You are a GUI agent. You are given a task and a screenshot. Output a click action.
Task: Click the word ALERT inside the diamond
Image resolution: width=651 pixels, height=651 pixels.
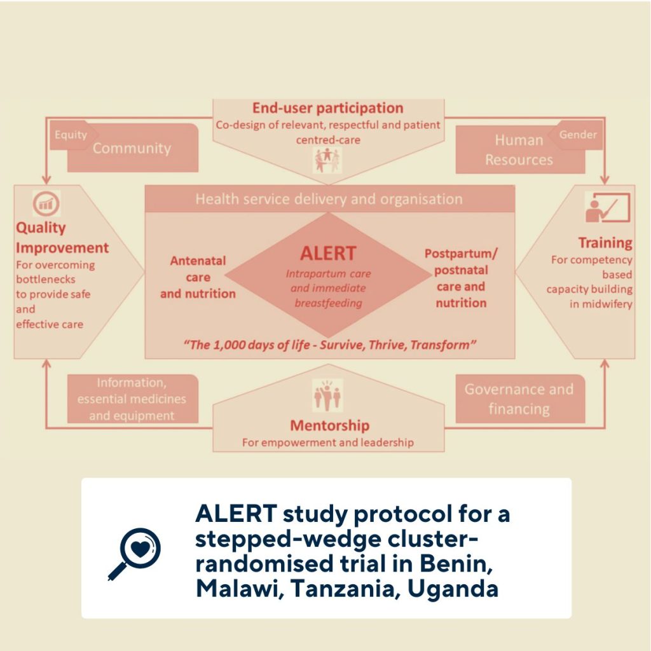coord(328,253)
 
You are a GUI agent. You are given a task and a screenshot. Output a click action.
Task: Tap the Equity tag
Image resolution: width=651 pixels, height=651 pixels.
coord(71,135)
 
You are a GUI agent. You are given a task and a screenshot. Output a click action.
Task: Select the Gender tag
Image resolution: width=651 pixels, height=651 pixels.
coord(578,135)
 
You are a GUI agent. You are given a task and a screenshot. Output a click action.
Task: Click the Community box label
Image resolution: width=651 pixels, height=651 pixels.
coord(132,149)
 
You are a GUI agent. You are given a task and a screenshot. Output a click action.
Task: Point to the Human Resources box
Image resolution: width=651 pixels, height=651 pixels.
coord(519,151)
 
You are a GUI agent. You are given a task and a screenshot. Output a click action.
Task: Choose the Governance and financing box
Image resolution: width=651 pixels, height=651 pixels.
coord(519,399)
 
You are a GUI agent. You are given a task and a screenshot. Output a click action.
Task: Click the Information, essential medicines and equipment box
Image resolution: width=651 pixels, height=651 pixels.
coord(132,399)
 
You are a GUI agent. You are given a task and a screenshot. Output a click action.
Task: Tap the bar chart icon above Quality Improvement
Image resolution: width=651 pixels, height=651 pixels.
coord(46,204)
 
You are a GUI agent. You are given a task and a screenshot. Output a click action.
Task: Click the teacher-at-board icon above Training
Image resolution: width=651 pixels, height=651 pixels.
coord(607,209)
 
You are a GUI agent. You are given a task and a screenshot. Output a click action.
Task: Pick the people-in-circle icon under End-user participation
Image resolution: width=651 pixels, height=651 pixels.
coord(328,159)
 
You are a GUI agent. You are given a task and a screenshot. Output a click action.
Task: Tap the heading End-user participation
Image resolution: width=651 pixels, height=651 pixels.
coord(328,108)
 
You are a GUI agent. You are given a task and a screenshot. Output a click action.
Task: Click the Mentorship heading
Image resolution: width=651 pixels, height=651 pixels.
coord(329,425)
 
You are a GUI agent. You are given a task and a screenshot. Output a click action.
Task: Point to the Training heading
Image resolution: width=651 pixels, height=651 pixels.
coord(605,243)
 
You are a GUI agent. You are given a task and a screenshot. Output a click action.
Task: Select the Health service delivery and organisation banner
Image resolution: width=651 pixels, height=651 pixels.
coord(329,199)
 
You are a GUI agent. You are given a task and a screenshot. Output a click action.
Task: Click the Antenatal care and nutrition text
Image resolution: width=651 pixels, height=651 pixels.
coord(198,277)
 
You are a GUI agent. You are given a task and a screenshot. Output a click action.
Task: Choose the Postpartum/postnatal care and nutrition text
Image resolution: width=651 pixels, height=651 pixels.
coord(461,278)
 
